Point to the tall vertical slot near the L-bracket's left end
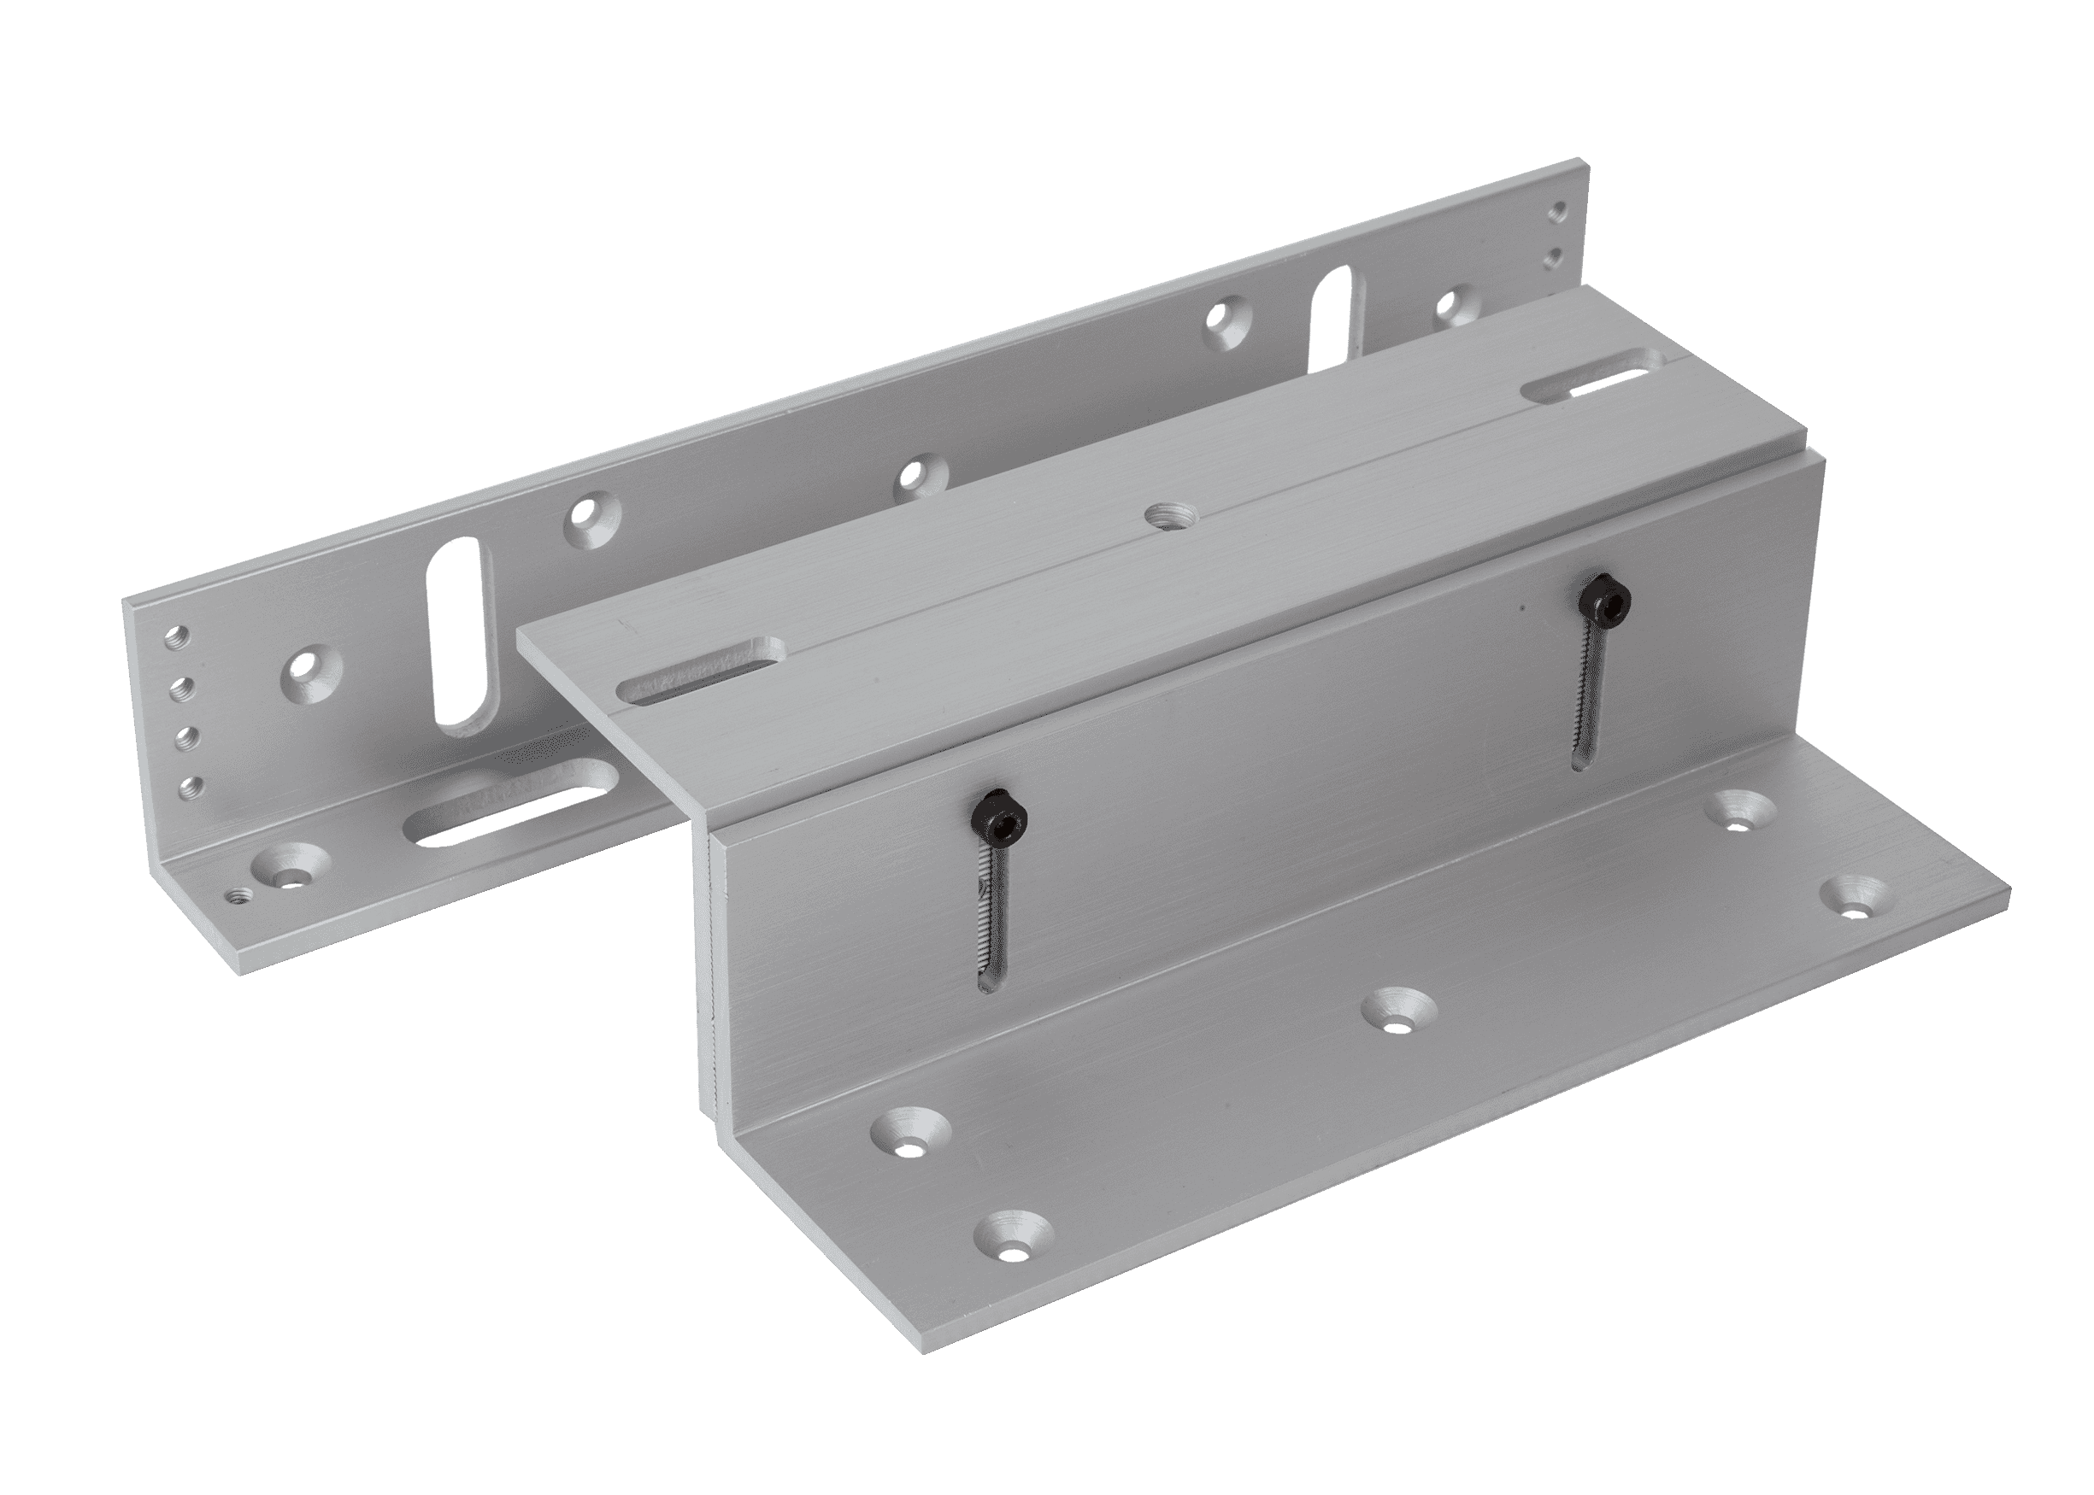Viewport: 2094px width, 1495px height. (x=457, y=651)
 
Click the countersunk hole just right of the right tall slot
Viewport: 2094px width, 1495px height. (x=1453, y=300)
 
